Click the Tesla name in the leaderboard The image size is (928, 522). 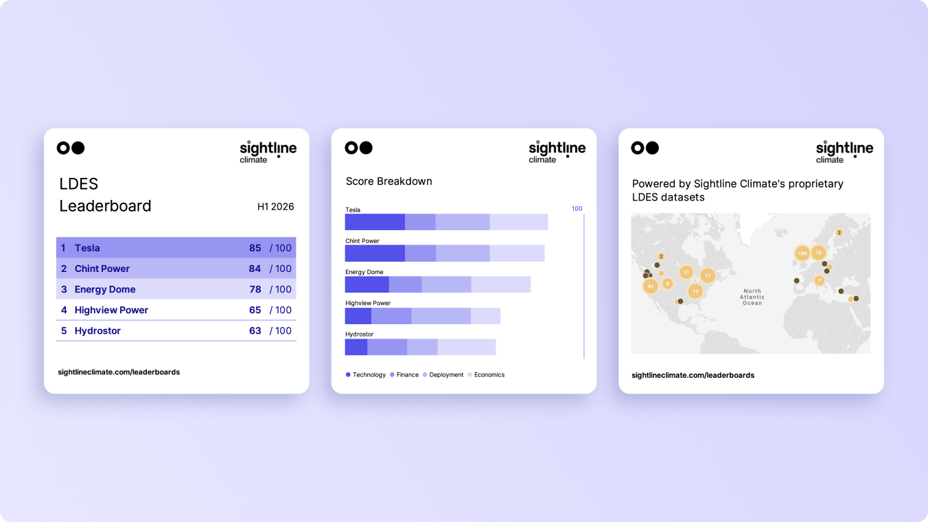click(87, 248)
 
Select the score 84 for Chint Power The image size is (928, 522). click(255, 269)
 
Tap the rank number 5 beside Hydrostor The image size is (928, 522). click(64, 330)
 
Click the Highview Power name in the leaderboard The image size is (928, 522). click(111, 310)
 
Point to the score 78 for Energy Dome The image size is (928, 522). click(255, 289)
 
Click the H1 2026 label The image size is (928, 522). click(275, 207)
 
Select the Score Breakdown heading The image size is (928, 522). click(388, 181)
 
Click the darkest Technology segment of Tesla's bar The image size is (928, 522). click(375, 222)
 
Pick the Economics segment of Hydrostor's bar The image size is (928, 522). click(467, 347)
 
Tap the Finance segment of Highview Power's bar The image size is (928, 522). click(391, 316)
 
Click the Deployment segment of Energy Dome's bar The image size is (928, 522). click(446, 284)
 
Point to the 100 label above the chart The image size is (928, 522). click(577, 209)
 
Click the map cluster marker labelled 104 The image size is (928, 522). click(802, 253)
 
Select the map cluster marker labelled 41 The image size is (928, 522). click(650, 286)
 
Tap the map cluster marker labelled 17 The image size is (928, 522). click(708, 276)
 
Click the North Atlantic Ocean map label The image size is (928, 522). click(752, 297)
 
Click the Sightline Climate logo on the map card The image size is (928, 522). click(844, 152)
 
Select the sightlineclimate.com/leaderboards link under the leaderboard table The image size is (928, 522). click(119, 372)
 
